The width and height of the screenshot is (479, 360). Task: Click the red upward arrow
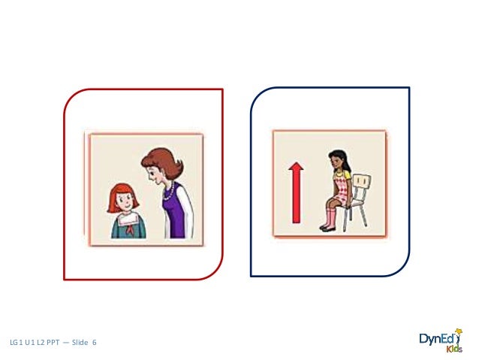[297, 197]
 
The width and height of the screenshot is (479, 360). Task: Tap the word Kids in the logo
[455, 349]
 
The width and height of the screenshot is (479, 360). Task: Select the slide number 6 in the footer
[95, 343]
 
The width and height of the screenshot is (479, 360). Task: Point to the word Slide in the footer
[80, 343]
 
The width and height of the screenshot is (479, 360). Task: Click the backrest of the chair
[362, 183]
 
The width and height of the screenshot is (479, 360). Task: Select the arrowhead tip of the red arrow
[297, 167]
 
